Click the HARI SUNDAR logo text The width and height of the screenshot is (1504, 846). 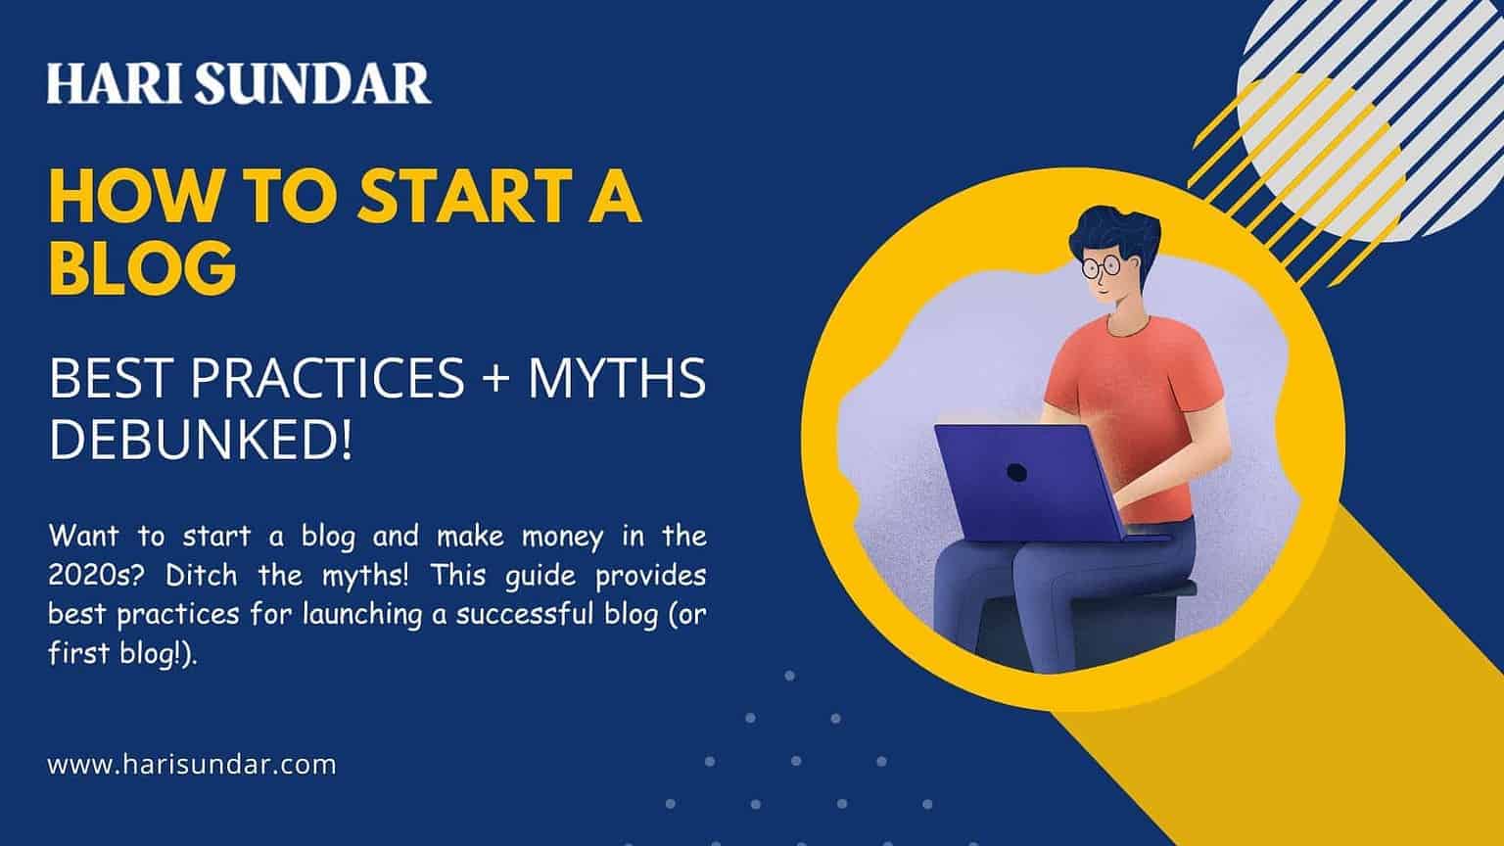click(x=239, y=83)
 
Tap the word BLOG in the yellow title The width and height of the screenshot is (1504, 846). click(x=142, y=267)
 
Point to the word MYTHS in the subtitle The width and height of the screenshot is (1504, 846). click(x=617, y=378)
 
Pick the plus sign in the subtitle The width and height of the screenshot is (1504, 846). click(x=495, y=379)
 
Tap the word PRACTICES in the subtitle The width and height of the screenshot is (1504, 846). click(x=327, y=378)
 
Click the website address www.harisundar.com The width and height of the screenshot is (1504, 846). click(x=191, y=765)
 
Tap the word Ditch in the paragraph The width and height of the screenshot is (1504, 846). click(x=201, y=576)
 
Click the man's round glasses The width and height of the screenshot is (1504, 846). click(x=1102, y=266)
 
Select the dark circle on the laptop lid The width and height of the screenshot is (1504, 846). click(x=1016, y=473)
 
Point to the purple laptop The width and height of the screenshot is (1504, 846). click(x=1034, y=482)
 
